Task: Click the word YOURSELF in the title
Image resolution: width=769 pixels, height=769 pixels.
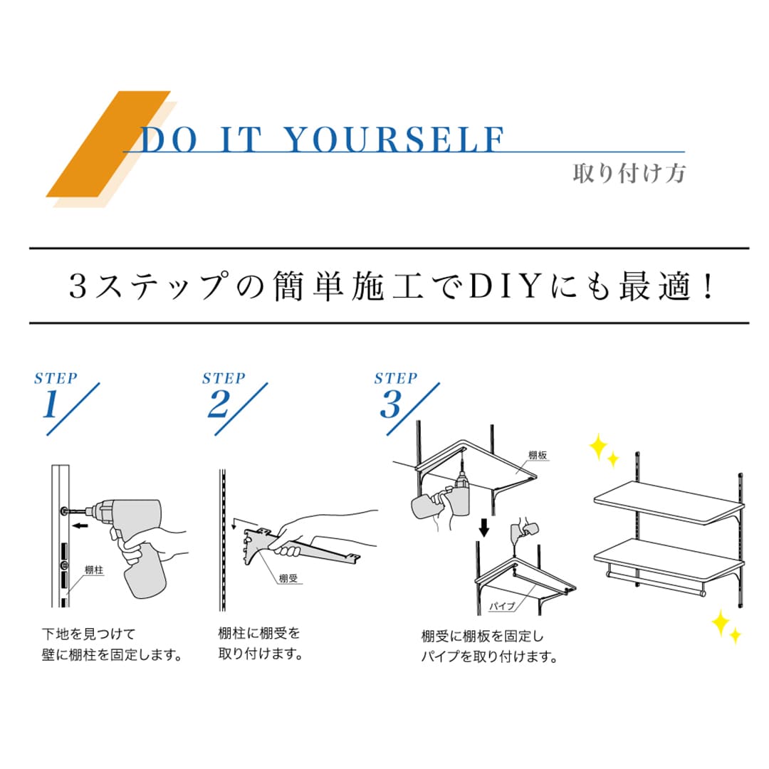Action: (394, 140)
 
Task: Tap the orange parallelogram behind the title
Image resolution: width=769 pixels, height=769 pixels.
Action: (108, 144)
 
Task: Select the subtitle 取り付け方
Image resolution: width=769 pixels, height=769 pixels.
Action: (629, 174)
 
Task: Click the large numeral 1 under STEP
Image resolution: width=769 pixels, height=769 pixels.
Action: (51, 404)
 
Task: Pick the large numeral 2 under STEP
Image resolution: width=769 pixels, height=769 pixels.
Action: (219, 404)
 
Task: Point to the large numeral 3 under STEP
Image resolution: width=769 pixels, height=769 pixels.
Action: (391, 404)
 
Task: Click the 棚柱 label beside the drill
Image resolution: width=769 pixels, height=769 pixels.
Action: (94, 570)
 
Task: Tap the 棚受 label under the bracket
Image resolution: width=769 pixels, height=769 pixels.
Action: (288, 579)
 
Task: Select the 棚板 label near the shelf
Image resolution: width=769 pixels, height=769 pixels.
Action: (538, 455)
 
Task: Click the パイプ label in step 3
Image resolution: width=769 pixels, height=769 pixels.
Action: (502, 606)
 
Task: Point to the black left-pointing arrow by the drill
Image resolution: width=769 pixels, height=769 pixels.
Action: (80, 525)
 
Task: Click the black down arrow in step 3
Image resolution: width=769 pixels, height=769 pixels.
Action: (484, 528)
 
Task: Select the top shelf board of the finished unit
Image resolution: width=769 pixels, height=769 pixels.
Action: (669, 503)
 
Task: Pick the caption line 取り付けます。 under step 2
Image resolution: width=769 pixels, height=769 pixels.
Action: (261, 654)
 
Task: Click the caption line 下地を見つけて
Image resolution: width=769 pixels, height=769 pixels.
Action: (88, 634)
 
